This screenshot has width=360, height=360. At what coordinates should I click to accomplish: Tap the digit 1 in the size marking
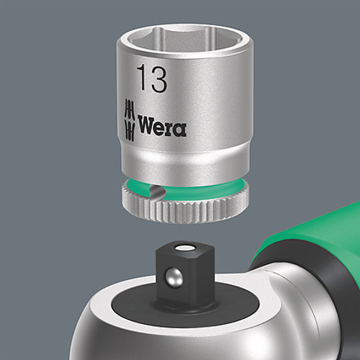coord(140,79)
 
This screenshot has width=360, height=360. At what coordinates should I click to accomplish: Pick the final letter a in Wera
coord(180,130)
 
